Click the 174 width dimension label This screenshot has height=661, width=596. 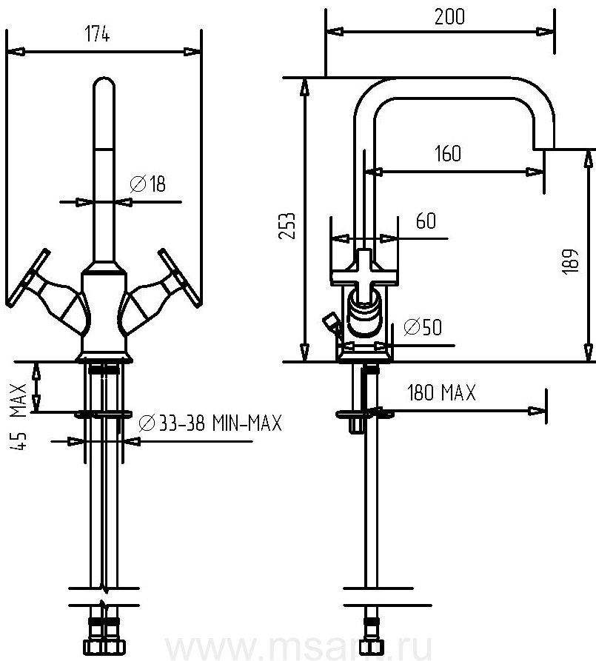pyautogui.click(x=97, y=35)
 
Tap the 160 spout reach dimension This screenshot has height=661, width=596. pyautogui.click(x=447, y=154)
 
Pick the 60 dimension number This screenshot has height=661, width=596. pyautogui.click(x=426, y=221)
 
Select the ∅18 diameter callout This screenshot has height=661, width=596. pyautogui.click(x=147, y=184)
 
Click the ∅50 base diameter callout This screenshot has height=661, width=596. pyautogui.click(x=423, y=326)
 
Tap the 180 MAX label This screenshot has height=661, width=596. pyautogui.click(x=441, y=394)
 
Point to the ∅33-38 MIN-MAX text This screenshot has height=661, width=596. pyautogui.click(x=210, y=423)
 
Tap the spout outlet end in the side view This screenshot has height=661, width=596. pyautogui.click(x=543, y=141)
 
